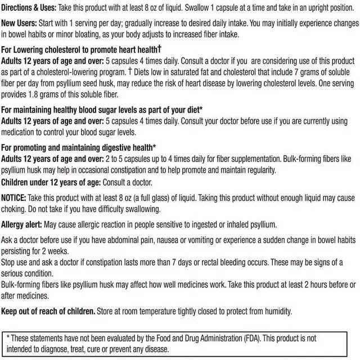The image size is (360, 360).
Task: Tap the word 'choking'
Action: point(16,209)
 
